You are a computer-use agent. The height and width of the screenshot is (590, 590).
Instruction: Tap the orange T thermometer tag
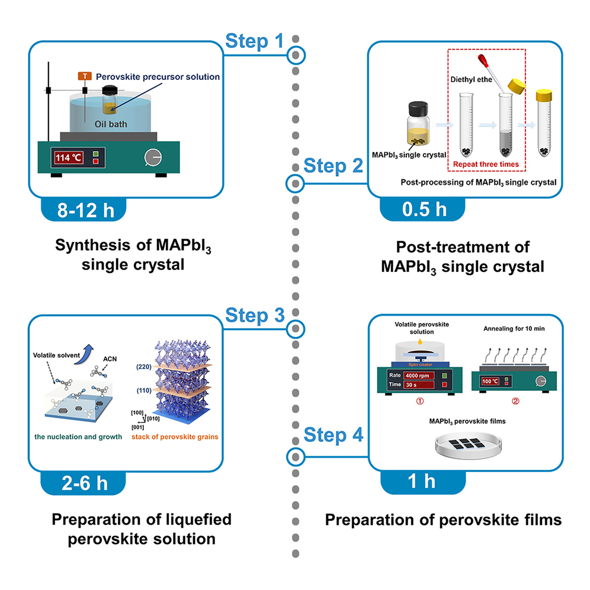tap(85, 76)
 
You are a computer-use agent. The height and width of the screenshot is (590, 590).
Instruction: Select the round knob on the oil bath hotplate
tap(152, 158)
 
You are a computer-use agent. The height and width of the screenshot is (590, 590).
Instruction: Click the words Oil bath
tap(111, 124)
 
